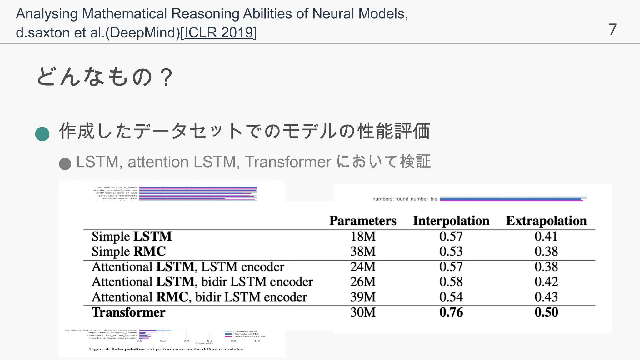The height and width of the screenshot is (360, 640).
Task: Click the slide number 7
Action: (x=612, y=30)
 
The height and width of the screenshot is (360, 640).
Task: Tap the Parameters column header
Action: (x=363, y=221)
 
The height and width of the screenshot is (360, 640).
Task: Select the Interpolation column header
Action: (x=451, y=221)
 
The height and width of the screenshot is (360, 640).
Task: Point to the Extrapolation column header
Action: (x=546, y=221)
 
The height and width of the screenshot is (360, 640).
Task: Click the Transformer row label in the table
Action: (x=128, y=312)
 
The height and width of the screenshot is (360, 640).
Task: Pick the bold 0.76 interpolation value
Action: (x=451, y=312)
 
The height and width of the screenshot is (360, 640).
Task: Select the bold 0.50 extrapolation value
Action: (x=546, y=312)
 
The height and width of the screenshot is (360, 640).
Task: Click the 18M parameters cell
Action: (x=363, y=236)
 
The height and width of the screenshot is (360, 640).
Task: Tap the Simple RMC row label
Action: (x=128, y=252)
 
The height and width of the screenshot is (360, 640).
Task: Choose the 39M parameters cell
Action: (x=363, y=297)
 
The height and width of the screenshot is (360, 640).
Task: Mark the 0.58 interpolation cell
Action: (x=451, y=282)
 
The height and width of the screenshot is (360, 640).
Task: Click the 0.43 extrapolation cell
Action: (x=546, y=297)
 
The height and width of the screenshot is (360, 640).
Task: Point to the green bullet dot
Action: (x=42, y=134)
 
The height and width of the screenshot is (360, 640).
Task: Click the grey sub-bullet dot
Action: (x=65, y=164)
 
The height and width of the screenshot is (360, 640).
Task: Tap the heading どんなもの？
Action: (x=104, y=77)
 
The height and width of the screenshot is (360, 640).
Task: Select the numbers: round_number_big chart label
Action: (x=405, y=199)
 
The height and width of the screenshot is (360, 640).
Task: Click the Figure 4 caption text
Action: (x=167, y=349)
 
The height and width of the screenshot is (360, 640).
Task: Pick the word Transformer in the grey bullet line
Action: (x=288, y=162)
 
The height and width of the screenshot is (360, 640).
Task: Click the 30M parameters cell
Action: (x=363, y=312)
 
